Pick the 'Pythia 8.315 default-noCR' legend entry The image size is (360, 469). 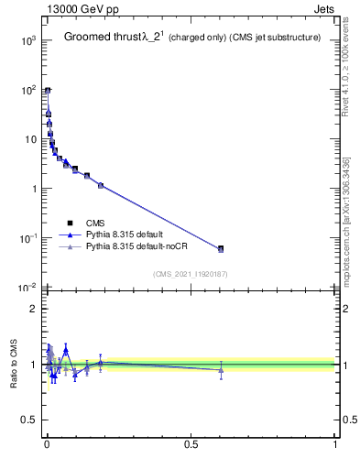(131, 247)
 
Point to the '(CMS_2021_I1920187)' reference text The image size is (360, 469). (190, 274)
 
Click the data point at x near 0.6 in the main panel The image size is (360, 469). (221, 248)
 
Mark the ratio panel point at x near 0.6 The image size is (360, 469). (221, 370)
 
